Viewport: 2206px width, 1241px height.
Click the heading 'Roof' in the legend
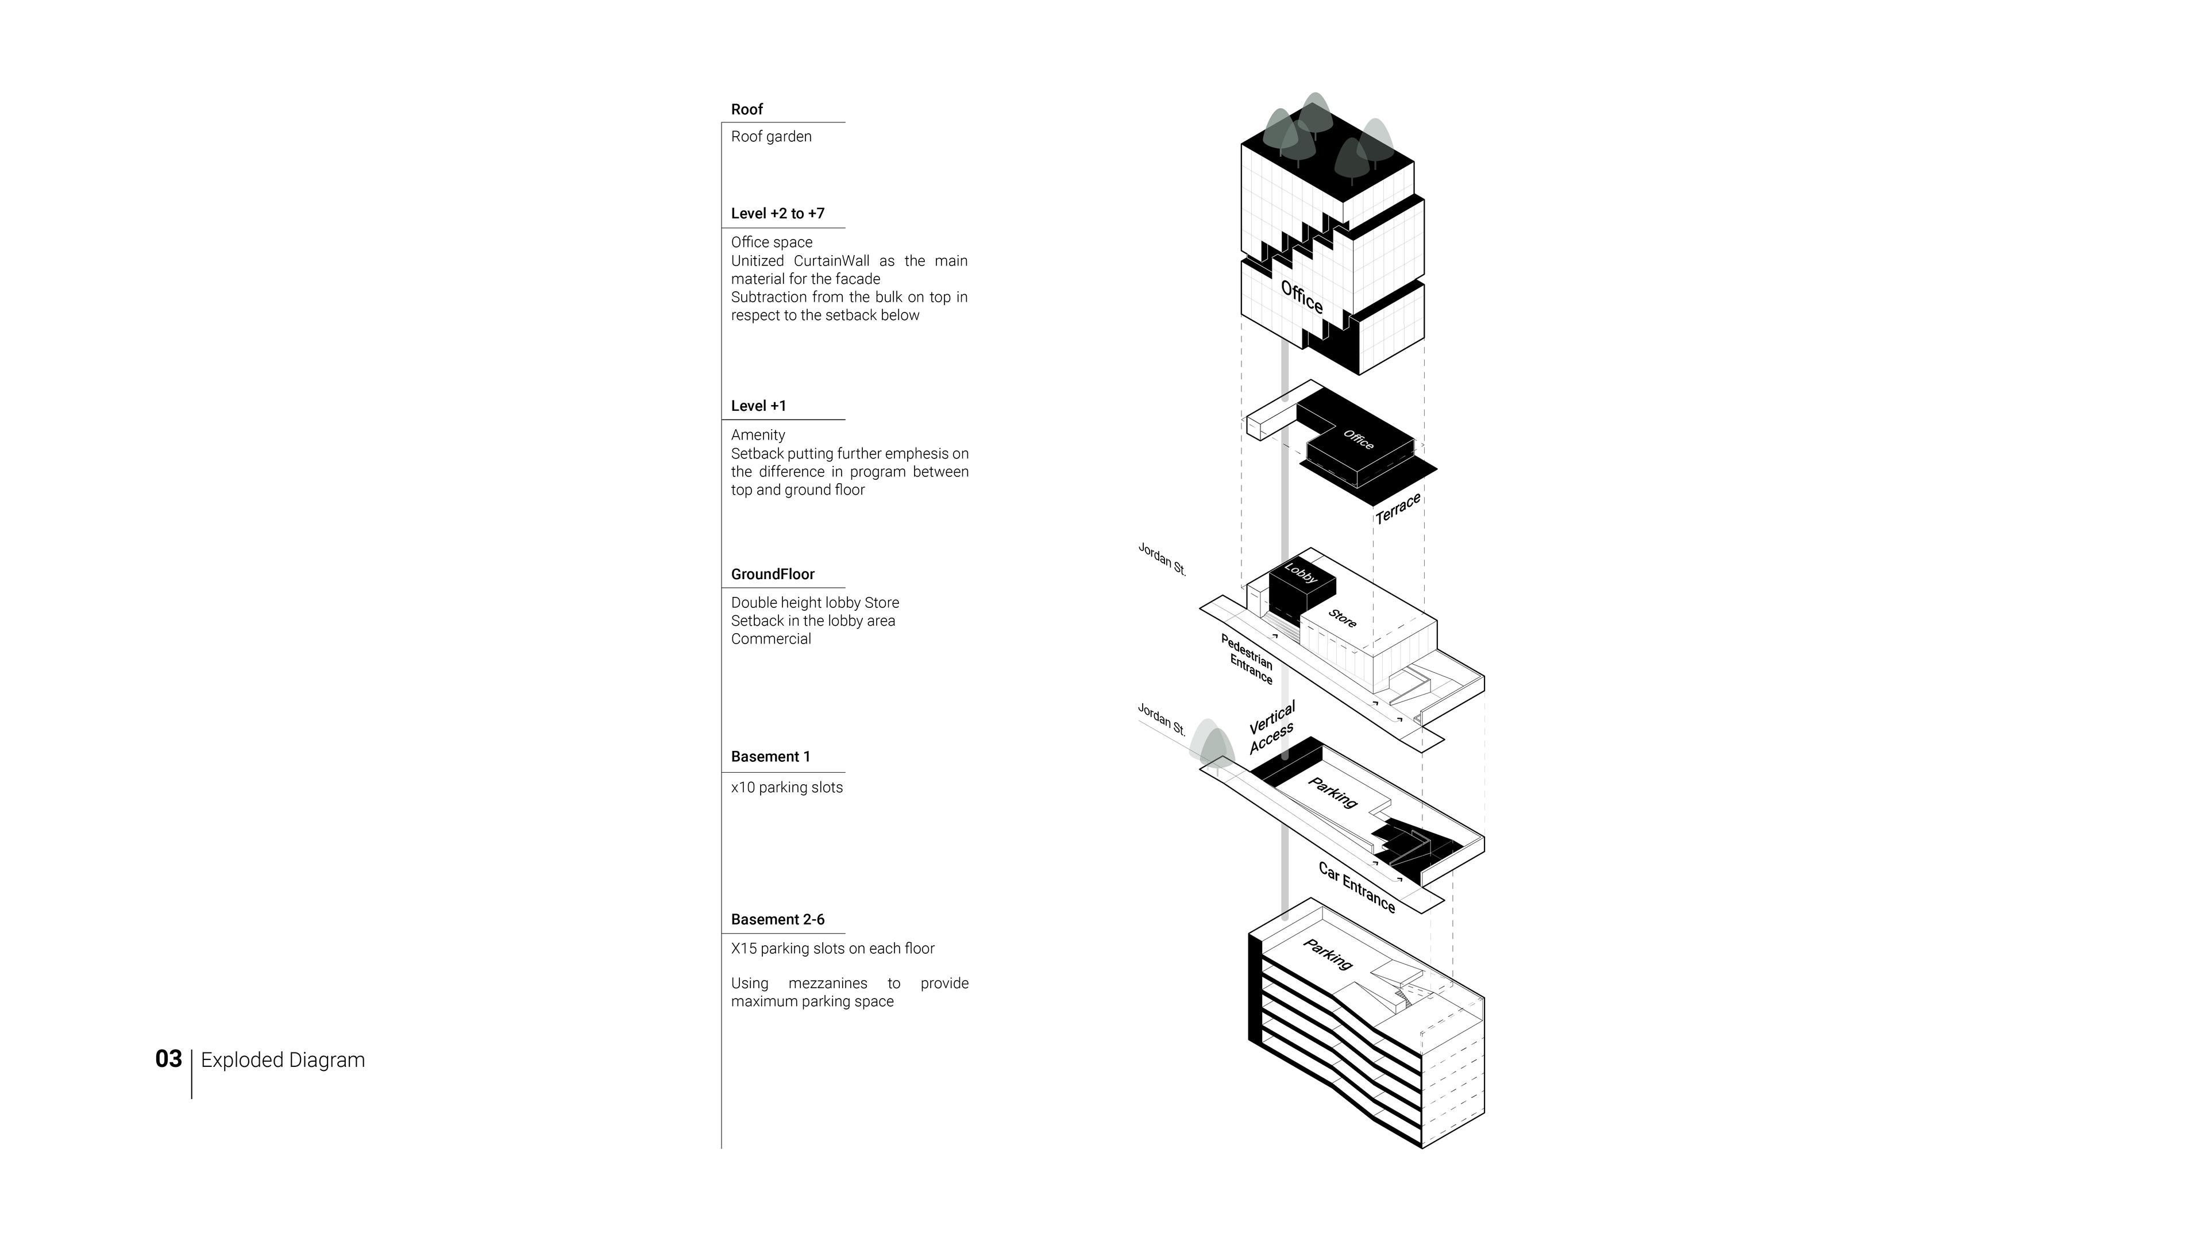click(747, 110)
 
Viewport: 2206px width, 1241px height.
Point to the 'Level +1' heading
click(758, 406)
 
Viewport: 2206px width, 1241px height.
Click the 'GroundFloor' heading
click(773, 575)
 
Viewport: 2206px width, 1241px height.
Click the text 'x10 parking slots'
click(786, 788)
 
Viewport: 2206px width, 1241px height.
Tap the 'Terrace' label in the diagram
click(1398, 508)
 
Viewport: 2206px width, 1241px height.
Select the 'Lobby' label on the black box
click(1301, 573)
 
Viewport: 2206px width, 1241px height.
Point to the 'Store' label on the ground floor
click(1342, 618)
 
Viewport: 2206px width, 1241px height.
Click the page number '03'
click(169, 1059)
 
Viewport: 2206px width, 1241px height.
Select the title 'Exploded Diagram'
click(283, 1060)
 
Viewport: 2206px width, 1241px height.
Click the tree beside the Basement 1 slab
click(1213, 744)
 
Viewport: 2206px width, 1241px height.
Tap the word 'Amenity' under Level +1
click(758, 435)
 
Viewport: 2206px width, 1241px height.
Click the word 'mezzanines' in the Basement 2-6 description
click(827, 983)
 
